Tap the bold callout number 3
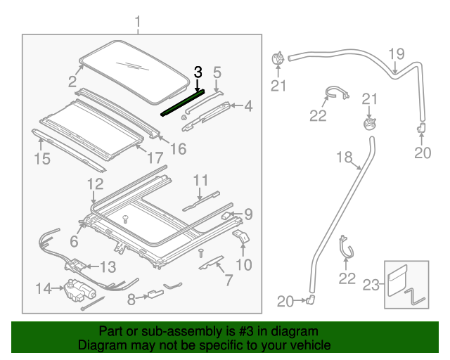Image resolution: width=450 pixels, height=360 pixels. [198, 72]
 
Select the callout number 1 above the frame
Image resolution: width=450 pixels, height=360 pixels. [138, 22]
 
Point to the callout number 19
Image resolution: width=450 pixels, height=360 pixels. [397, 54]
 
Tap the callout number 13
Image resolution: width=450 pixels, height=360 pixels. [108, 267]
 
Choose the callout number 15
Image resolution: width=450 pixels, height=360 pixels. [42, 159]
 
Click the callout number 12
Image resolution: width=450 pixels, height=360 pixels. [95, 185]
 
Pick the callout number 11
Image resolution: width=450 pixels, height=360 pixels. [202, 179]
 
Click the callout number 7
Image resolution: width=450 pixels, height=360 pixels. [228, 281]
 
